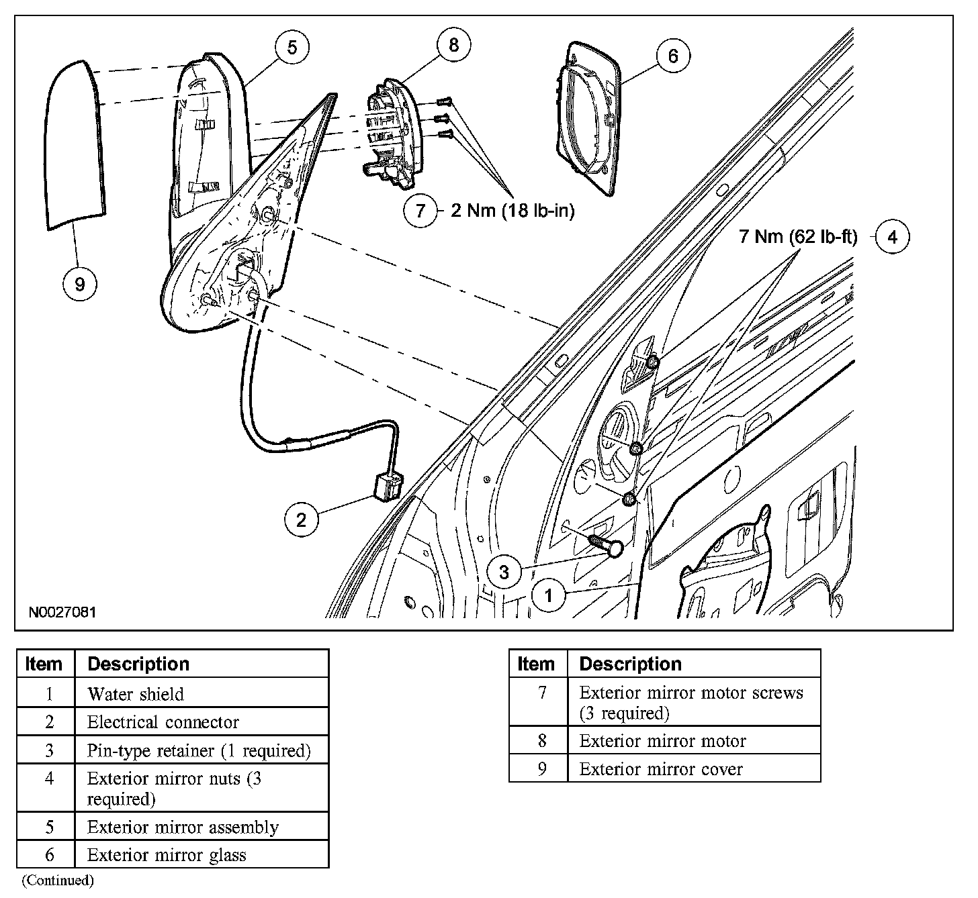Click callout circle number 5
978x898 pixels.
pyautogui.click(x=292, y=48)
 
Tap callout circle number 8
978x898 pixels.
pyautogui.click(x=453, y=45)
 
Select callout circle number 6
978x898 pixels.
pyautogui.click(x=672, y=56)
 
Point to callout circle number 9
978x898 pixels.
pyautogui.click(x=80, y=284)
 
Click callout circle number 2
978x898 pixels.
pyautogui.click(x=301, y=519)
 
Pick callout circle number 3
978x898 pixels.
pyautogui.click(x=504, y=572)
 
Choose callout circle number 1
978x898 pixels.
pyautogui.click(x=549, y=595)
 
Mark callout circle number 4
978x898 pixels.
pyautogui.click(x=892, y=237)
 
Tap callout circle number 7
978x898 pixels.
pyautogui.click(x=420, y=211)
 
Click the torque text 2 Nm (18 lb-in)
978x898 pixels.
pyautogui.click(x=513, y=211)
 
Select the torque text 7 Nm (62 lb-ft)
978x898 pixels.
pyautogui.click(x=798, y=237)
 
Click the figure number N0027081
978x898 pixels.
pyautogui.click(x=62, y=612)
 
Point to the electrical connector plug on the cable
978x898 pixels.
pyautogui.click(x=388, y=485)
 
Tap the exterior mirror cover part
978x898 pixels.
pyautogui.click(x=75, y=144)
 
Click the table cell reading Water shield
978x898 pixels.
pyautogui.click(x=136, y=694)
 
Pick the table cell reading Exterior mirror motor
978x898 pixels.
pyautogui.click(x=662, y=741)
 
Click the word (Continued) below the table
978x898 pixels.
pyautogui.click(x=58, y=880)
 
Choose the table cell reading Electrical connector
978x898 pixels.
pyautogui.click(x=163, y=722)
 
